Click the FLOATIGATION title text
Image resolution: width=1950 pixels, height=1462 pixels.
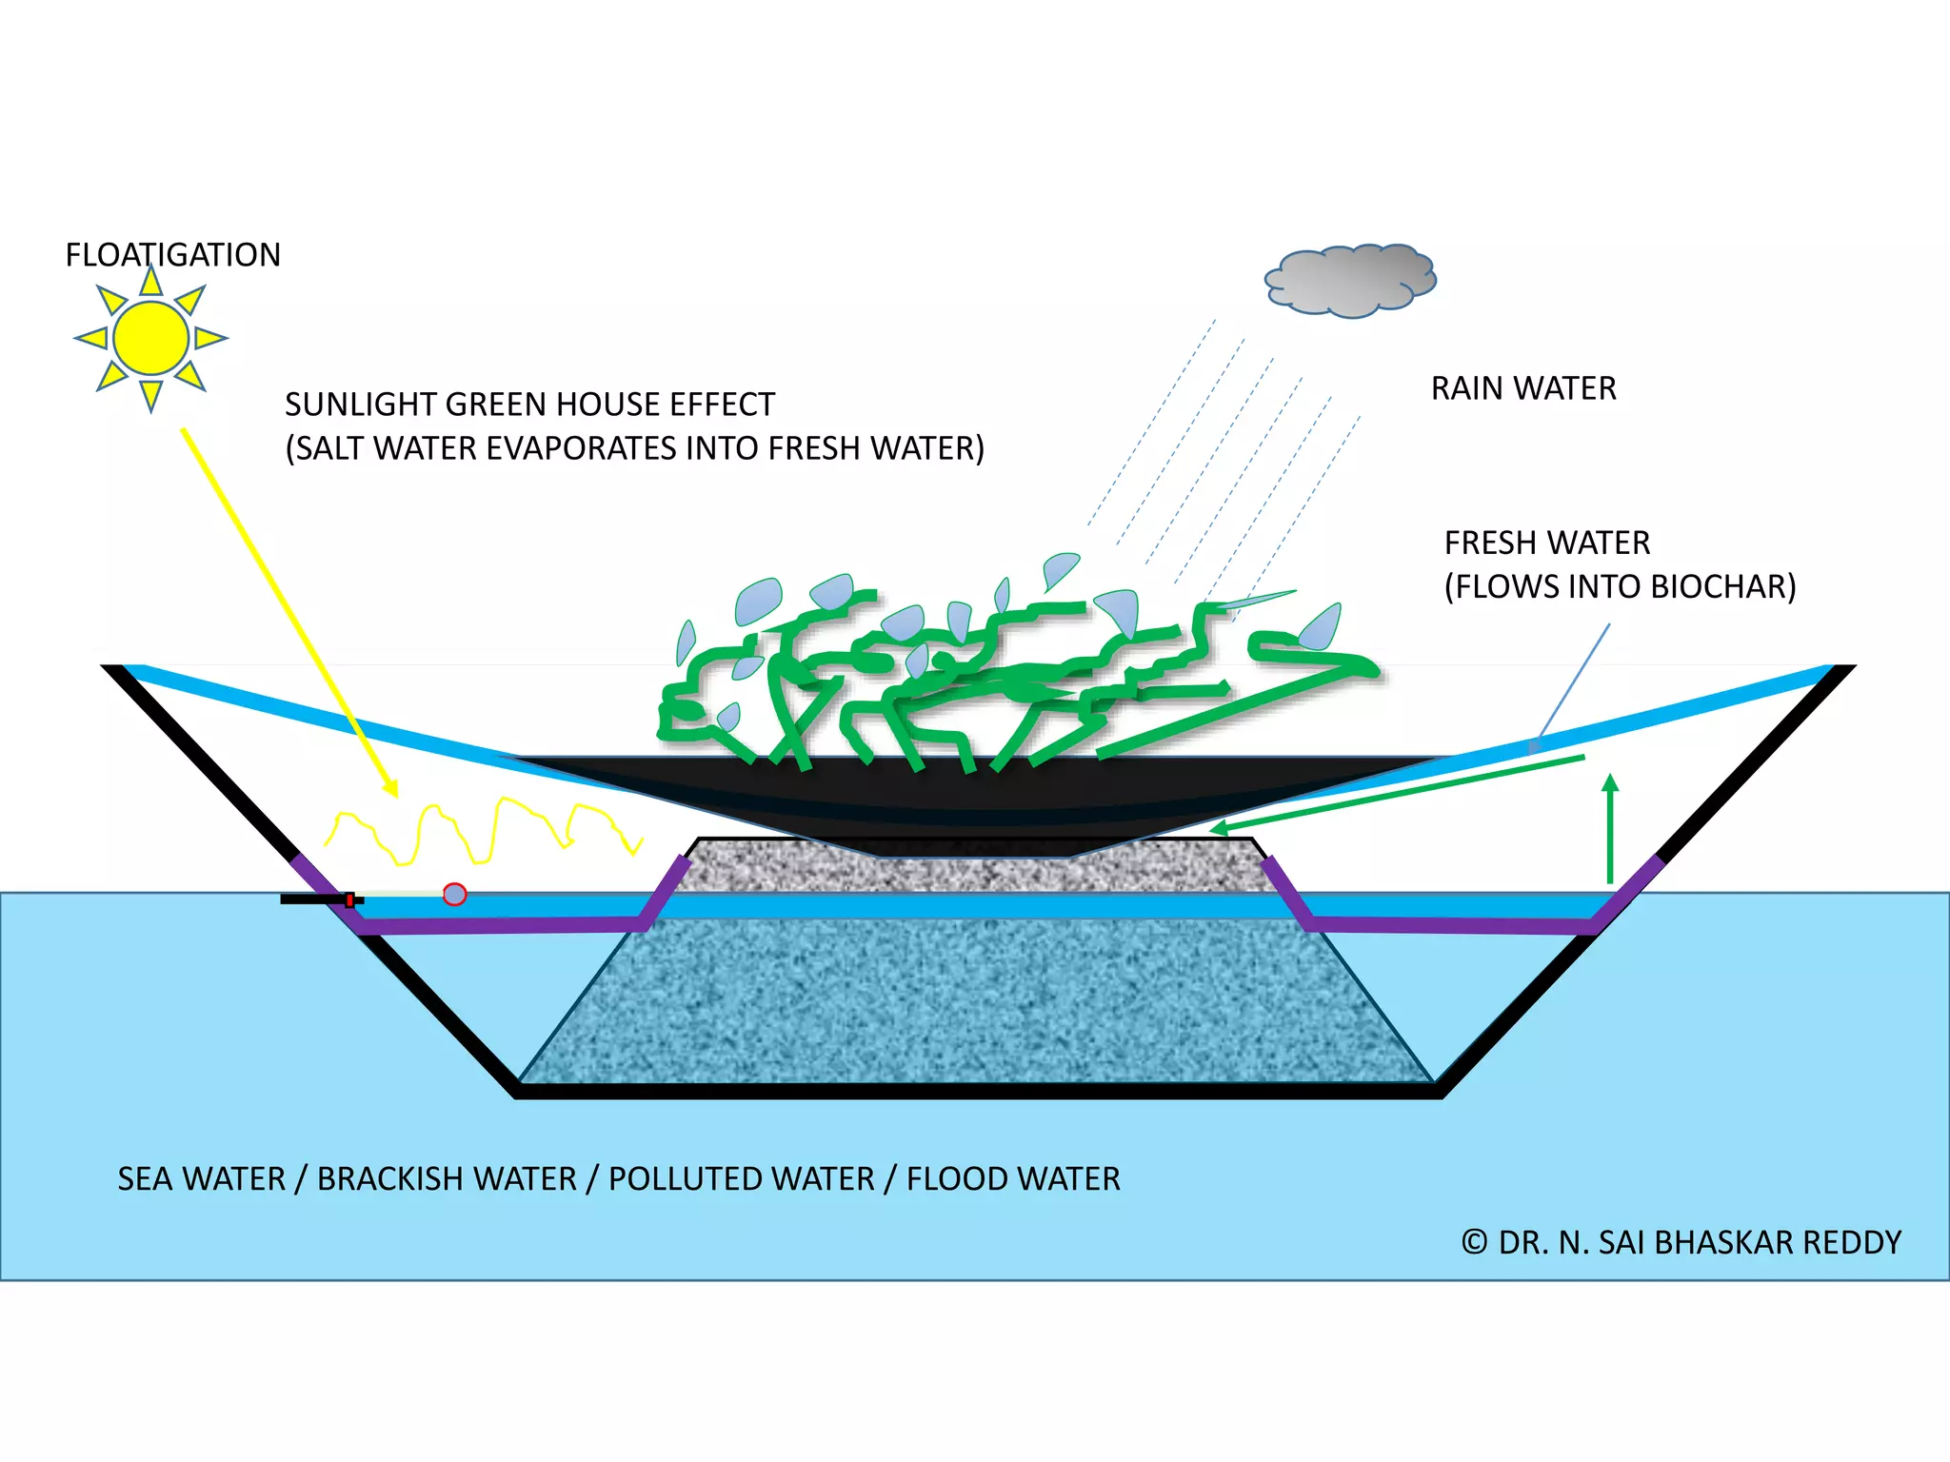point(172,255)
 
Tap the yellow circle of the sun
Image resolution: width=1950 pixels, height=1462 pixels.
point(150,338)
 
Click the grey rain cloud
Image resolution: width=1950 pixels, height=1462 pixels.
point(1349,280)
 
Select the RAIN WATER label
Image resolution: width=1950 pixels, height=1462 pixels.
point(1522,388)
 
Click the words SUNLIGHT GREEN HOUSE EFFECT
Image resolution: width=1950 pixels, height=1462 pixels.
point(529,405)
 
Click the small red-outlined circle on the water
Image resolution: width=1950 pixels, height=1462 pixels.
point(455,895)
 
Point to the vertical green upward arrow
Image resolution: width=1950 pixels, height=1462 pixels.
point(1610,828)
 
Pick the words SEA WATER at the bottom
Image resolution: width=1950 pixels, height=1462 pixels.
point(201,1179)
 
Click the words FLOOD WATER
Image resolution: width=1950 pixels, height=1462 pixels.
point(1012,1179)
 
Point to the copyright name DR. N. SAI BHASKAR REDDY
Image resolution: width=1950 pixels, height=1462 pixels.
point(1700,1243)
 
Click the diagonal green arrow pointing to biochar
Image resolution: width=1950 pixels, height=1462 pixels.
point(1400,793)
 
